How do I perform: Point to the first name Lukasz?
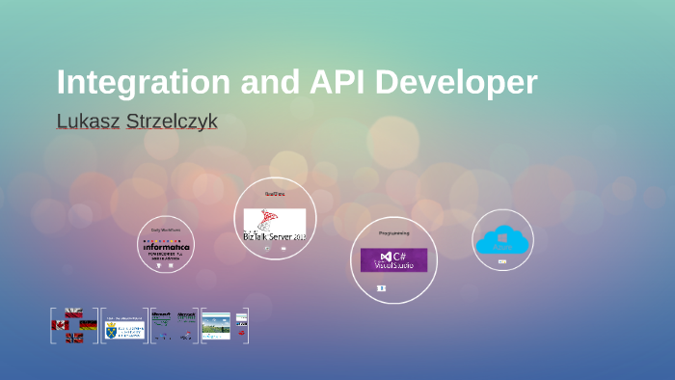click(88, 122)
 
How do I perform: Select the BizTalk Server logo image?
click(274, 225)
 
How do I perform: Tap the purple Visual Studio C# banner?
click(393, 259)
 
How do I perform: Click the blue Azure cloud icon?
click(502, 240)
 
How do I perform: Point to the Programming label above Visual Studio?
click(393, 233)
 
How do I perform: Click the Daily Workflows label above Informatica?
click(166, 230)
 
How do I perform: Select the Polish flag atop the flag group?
click(73, 313)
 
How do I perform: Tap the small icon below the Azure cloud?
click(502, 261)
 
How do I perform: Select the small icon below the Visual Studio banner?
click(382, 287)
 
